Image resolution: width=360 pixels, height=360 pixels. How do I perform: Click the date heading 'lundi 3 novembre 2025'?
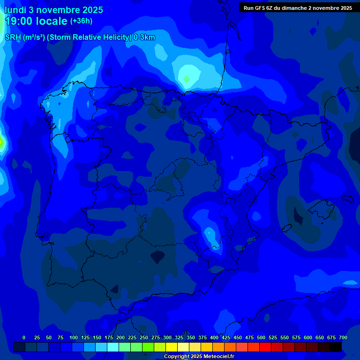(x=54, y=10)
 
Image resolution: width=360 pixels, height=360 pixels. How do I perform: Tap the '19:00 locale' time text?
(x=36, y=21)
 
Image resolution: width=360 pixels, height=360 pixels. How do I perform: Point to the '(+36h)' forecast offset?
(x=81, y=21)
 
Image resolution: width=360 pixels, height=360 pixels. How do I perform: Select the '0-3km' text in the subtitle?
(x=144, y=37)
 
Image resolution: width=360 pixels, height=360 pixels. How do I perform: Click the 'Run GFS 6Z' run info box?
(x=298, y=8)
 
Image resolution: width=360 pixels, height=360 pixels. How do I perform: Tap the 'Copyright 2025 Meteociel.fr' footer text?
(x=199, y=357)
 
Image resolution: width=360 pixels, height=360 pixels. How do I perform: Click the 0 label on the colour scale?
(x=24, y=338)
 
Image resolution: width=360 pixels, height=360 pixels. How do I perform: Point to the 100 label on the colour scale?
(x=74, y=338)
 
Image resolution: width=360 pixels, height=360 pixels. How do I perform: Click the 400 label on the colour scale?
(x=214, y=338)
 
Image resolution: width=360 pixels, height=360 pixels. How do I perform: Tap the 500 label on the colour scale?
(x=261, y=338)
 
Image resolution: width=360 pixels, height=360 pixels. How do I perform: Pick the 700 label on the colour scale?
(x=343, y=338)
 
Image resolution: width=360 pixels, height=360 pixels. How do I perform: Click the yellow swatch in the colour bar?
(x=172, y=347)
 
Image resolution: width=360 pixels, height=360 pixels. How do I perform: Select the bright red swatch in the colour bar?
(x=265, y=347)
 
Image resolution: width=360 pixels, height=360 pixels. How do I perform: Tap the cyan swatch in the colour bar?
(x=113, y=347)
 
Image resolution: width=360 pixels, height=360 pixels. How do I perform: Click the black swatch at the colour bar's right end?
(x=336, y=347)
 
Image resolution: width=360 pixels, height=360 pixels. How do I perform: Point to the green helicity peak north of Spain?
(x=186, y=78)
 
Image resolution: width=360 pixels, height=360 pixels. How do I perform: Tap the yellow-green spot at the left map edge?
(x=1, y=142)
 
